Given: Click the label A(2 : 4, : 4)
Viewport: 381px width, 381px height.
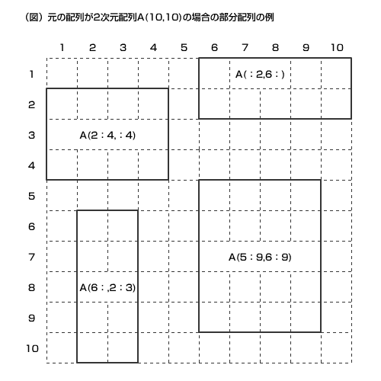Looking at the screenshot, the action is pos(107,136).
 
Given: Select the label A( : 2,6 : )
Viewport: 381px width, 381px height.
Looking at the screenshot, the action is pos(260,75).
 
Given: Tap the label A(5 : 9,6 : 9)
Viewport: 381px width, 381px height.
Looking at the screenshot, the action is pos(260,258).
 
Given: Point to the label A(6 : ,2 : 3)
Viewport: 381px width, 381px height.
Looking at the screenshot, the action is pos(107,288).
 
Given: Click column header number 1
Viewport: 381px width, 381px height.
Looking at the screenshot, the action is pos(62,47).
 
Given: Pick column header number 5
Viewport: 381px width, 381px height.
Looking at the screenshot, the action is pos(184,47).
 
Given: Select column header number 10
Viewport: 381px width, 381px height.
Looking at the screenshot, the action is pos(337,47).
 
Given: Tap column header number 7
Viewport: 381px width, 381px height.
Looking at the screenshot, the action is pos(245,47).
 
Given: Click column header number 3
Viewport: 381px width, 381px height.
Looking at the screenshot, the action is pos(123,47).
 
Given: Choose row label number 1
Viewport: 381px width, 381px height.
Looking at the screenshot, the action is pos(31,74).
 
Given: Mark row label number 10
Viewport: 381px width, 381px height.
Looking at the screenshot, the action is pos(33,348).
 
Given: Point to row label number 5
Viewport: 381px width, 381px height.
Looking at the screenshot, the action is pos(31,196).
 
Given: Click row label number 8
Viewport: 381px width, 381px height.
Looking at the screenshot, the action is pos(31,287).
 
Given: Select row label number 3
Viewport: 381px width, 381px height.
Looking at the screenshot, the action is pos(31,135).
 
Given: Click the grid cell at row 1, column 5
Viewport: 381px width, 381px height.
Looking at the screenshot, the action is pos(184,73).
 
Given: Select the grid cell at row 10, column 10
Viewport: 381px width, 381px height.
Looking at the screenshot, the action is pos(336,347).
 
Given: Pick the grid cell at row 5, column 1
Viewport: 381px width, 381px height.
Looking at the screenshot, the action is pos(62,195).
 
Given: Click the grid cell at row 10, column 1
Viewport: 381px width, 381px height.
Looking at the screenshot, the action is pos(62,347).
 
